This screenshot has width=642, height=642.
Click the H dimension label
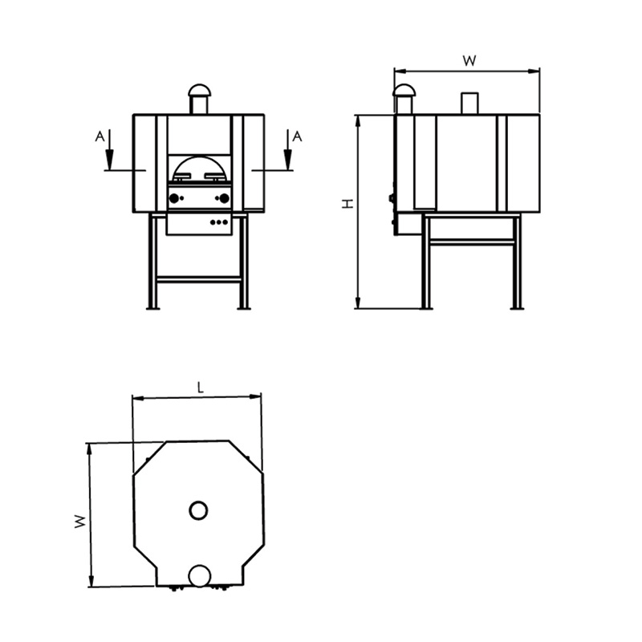[348, 204]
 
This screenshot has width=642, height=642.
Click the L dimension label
[200, 388]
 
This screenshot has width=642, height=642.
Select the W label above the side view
[469, 61]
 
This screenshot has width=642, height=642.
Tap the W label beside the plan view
[81, 521]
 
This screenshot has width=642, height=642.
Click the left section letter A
[100, 136]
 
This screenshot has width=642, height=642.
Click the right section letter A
[297, 136]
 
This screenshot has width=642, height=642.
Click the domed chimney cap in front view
[198, 90]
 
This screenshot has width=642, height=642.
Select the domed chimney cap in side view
[404, 90]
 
